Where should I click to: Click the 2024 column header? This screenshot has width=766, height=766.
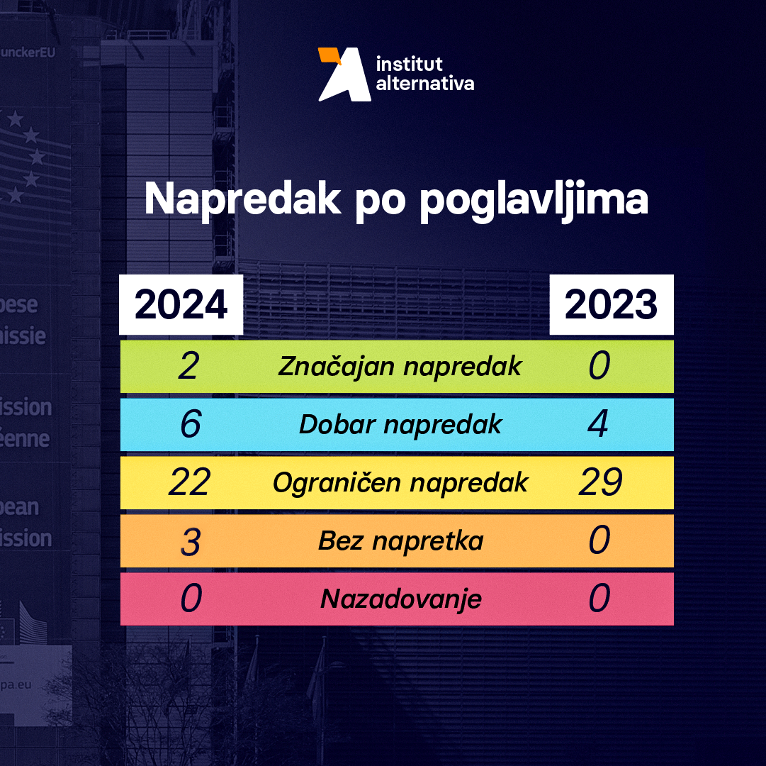click(x=181, y=305)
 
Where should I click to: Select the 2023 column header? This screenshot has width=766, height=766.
click(x=611, y=305)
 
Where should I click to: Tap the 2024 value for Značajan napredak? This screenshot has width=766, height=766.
click(x=188, y=367)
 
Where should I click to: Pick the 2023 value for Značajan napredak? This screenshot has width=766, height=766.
click(x=599, y=367)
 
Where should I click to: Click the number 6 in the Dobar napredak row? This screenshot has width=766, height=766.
click(x=190, y=425)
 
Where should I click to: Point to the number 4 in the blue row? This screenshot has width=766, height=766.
click(x=599, y=425)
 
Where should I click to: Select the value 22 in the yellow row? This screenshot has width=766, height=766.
click(x=189, y=483)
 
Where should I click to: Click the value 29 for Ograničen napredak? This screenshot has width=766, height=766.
click(x=600, y=483)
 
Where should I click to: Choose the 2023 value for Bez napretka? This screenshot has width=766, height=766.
click(x=599, y=541)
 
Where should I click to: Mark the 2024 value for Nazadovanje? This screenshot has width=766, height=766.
click(x=191, y=599)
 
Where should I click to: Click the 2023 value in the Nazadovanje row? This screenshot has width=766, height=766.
click(x=599, y=599)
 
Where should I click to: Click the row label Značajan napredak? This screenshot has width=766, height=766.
click(x=400, y=367)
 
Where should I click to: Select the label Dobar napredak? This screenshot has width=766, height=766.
click(x=400, y=425)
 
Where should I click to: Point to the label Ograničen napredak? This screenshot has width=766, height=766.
click(x=400, y=483)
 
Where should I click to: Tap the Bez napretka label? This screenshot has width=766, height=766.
click(x=401, y=541)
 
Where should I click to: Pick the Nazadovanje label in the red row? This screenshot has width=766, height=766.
click(x=401, y=599)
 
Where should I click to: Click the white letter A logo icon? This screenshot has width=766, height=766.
click(x=344, y=75)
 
